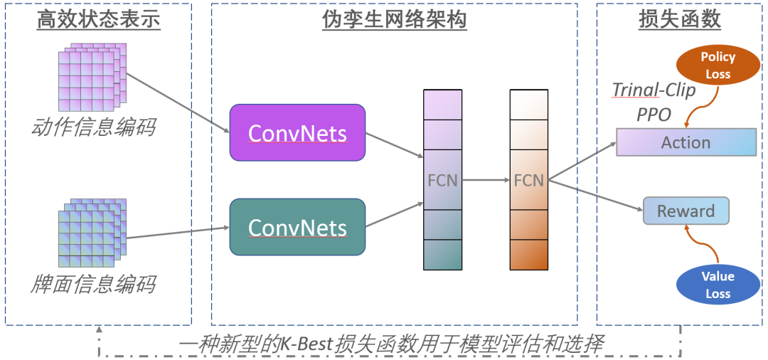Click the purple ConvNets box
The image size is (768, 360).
[x=297, y=132]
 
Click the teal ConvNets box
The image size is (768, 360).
[x=297, y=227]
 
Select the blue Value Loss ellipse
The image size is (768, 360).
[x=718, y=285]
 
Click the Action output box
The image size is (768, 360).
[x=686, y=142]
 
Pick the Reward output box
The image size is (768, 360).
[x=686, y=211]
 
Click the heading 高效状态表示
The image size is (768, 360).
[x=99, y=20]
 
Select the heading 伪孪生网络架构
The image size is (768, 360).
[x=394, y=20]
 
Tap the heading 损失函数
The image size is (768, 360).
[x=680, y=20]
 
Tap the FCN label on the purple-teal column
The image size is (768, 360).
[x=442, y=181]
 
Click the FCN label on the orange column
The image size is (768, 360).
[x=528, y=181]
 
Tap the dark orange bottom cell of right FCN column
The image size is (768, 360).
[x=528, y=255]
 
